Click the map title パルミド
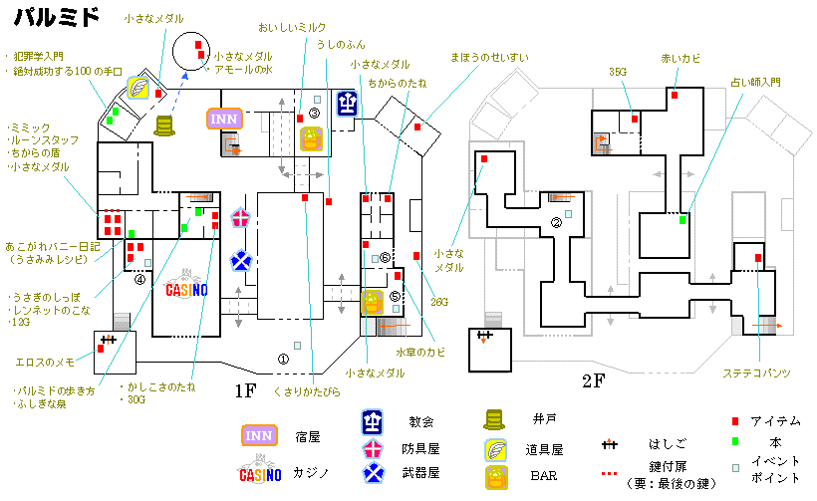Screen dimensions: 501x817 (56, 16)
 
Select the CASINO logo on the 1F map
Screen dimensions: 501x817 (185, 290)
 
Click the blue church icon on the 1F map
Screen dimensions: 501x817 (346, 102)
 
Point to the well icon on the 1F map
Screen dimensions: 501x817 (163, 125)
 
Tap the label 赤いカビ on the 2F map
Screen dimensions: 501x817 (681, 58)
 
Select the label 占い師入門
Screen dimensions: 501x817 (755, 82)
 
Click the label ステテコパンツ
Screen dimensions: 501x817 (757, 373)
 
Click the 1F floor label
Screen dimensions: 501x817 (247, 391)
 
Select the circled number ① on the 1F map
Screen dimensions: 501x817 (282, 359)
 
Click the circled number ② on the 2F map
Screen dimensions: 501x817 (556, 224)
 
